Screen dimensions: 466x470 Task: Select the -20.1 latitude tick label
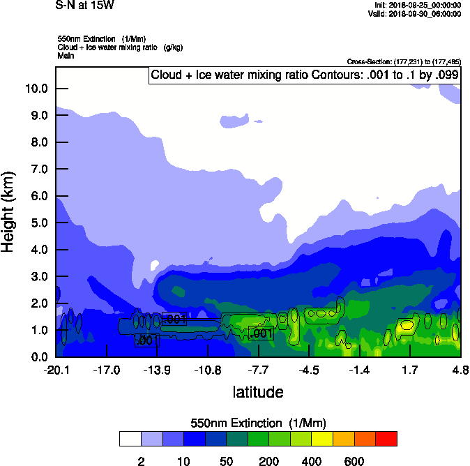coord(56,369)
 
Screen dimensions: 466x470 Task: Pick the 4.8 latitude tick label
coord(460,369)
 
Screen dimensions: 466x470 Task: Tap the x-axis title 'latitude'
coord(258,392)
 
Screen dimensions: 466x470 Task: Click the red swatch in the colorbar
coord(386,439)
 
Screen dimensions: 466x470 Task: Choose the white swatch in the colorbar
coord(130,439)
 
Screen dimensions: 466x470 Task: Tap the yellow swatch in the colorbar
coord(322,439)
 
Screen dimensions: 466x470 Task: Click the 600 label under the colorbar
coord(354,461)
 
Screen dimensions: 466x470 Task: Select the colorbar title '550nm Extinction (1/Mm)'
coord(258,423)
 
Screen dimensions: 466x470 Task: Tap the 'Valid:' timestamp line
coord(416,13)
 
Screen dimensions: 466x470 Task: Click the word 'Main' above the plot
coord(66,55)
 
